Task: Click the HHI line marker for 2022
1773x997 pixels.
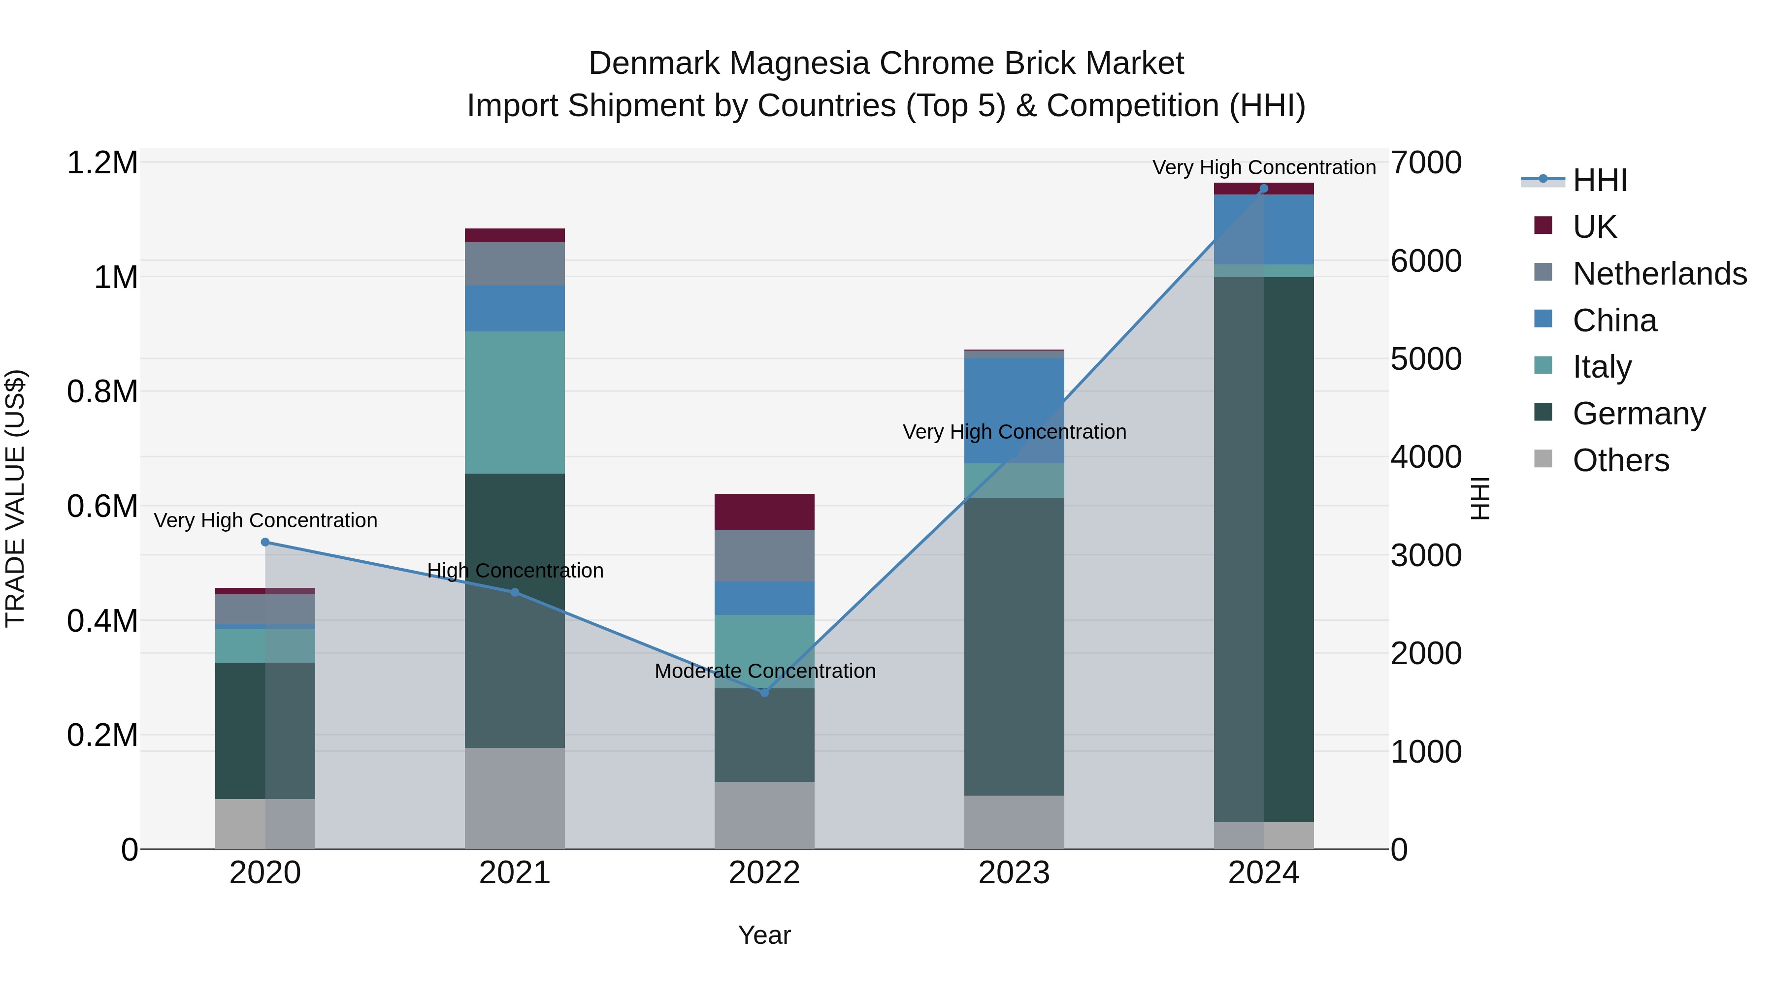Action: (x=764, y=692)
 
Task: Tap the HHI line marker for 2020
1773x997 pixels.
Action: (x=265, y=542)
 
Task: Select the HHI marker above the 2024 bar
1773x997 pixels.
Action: (x=1264, y=189)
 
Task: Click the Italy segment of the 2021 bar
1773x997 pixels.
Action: (x=514, y=403)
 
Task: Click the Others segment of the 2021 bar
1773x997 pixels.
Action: (x=514, y=798)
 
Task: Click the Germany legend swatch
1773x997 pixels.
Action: (x=1543, y=412)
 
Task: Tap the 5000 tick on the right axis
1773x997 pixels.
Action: (x=1426, y=359)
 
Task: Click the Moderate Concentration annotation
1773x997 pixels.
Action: (x=765, y=671)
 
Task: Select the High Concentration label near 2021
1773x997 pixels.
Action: (x=515, y=571)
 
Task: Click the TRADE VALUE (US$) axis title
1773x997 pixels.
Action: (x=15, y=498)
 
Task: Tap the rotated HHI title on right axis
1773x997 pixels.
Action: (x=1480, y=498)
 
